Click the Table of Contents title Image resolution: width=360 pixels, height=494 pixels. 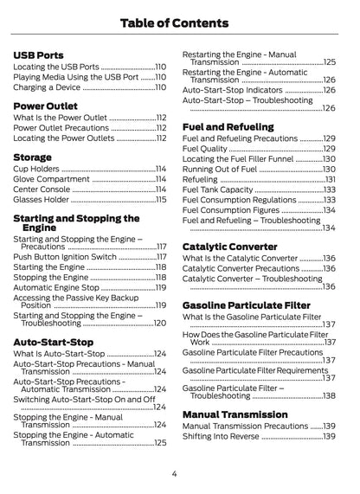(x=180, y=21)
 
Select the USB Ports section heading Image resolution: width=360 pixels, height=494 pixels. (x=38, y=55)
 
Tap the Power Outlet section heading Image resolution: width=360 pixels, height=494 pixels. (x=45, y=106)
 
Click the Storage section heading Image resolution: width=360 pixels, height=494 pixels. (x=33, y=157)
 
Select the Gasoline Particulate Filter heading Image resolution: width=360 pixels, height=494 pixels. (x=246, y=305)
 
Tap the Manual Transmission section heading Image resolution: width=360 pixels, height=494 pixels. (x=235, y=414)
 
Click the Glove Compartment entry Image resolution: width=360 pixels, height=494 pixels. (x=51, y=178)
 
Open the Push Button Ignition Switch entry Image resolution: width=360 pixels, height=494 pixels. (x=65, y=257)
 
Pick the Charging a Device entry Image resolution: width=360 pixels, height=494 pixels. (x=47, y=87)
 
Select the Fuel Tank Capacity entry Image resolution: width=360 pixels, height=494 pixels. (x=217, y=189)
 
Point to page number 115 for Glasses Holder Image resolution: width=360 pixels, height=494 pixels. (x=161, y=199)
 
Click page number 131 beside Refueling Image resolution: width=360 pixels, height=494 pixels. (x=330, y=179)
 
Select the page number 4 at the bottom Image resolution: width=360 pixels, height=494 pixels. (x=175, y=473)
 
